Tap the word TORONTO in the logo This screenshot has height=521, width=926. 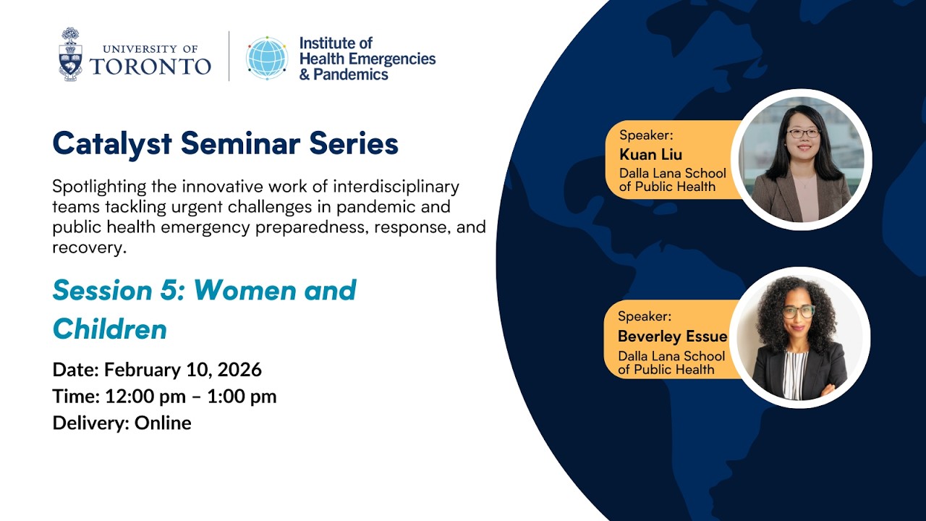(x=150, y=67)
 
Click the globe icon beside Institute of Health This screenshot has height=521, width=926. (x=267, y=57)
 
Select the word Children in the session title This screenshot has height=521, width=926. (x=110, y=329)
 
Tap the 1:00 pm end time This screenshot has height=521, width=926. (x=242, y=397)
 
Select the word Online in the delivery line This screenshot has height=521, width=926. (x=163, y=423)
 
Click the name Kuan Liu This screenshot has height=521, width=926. (x=650, y=154)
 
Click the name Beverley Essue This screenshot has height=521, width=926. (x=672, y=336)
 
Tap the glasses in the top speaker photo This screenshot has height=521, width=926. (x=803, y=132)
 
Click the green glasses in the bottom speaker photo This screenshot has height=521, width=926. (x=799, y=311)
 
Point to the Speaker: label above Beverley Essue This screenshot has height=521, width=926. (x=644, y=316)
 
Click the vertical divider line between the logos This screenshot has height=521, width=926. (x=229, y=56)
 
